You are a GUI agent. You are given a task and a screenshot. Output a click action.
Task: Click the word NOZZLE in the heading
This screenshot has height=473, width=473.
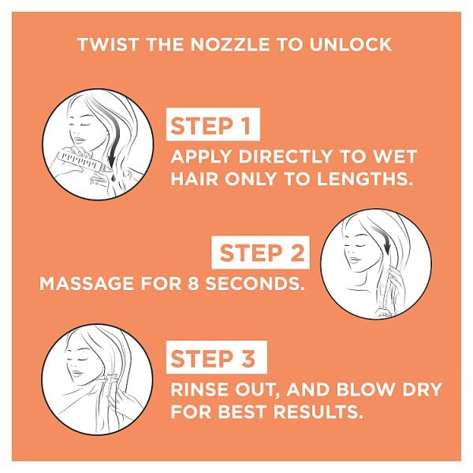point(230,45)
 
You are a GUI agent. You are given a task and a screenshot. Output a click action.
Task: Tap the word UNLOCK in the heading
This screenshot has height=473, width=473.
point(351,45)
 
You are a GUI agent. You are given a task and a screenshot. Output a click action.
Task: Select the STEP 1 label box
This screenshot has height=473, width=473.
point(213,124)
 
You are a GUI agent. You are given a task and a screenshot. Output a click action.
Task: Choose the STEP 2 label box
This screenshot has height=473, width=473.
point(261,252)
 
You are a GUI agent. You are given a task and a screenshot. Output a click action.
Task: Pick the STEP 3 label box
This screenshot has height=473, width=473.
point(216,357)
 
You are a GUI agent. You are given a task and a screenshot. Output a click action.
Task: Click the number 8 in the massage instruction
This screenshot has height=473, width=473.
point(193,284)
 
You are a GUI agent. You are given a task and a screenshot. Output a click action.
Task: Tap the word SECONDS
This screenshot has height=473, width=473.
point(255,284)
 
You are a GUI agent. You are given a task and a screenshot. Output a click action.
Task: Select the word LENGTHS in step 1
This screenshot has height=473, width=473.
point(365,179)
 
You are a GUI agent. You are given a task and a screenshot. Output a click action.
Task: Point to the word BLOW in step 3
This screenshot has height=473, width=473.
point(365,389)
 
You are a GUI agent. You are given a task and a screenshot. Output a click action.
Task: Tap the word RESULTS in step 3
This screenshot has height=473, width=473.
point(318,412)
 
